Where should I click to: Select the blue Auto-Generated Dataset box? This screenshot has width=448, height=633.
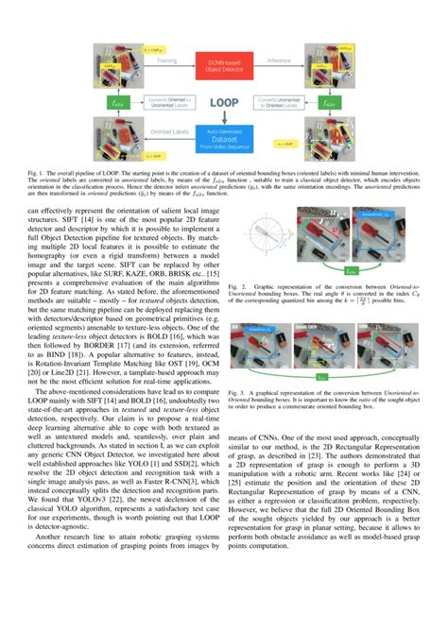point(223,143)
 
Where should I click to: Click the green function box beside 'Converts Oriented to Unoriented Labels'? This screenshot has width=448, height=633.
point(117,98)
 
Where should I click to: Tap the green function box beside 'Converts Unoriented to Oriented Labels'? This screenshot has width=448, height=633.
point(330,98)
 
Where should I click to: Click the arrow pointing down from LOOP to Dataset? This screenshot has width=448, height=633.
point(223,119)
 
